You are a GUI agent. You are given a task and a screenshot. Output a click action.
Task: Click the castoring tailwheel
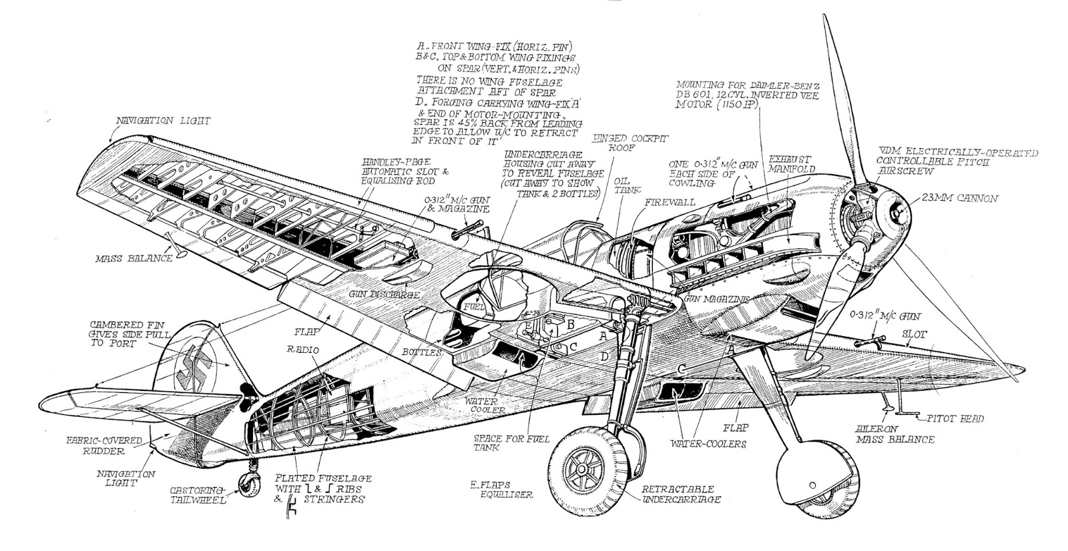pos(248,486)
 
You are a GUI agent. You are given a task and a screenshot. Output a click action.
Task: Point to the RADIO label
pos(303,350)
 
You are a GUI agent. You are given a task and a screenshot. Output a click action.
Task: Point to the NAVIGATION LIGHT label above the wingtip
pos(163,121)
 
